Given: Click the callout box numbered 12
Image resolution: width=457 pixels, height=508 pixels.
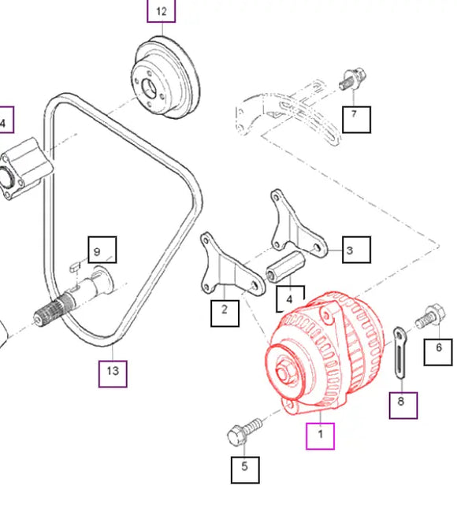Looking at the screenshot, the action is (162, 11).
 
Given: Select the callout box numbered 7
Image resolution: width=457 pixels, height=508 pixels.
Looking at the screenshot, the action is (356, 120).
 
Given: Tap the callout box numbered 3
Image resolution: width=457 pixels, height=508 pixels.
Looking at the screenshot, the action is (356, 250).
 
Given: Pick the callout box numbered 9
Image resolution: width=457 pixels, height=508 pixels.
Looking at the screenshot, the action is (102, 250).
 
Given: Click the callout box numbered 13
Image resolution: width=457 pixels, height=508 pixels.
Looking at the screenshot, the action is (113, 374).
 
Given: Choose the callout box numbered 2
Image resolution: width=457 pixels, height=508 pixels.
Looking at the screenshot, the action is (225, 313).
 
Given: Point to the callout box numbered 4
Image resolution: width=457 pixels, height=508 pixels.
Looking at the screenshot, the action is (291, 298).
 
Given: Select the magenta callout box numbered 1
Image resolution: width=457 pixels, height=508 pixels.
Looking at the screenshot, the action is (320, 436).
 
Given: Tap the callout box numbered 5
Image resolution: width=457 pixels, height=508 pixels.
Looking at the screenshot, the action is (245, 469).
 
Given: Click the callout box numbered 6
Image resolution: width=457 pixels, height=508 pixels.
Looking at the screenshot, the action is (438, 352).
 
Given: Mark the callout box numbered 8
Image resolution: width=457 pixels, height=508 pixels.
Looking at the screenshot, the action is (403, 406).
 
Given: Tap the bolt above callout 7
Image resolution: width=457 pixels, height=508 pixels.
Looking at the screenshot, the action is (353, 79).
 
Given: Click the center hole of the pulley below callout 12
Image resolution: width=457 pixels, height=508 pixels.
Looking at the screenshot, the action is (150, 87).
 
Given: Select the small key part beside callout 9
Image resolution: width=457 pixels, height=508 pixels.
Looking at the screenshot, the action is (75, 266).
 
